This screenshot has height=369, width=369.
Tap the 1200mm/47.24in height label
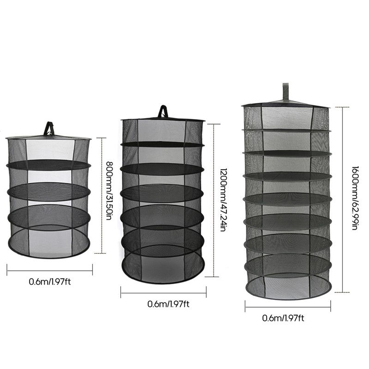(x=223, y=200)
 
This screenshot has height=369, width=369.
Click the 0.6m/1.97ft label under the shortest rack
(x=50, y=282)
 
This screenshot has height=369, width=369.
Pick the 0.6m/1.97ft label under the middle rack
(x=168, y=304)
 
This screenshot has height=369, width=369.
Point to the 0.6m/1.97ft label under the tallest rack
(x=283, y=318)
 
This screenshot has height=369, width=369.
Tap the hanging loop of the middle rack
(x=163, y=111)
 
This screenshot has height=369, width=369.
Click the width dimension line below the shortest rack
(x=50, y=271)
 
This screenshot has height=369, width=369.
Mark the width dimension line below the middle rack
(x=164, y=293)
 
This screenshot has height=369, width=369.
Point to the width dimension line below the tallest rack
(x=288, y=307)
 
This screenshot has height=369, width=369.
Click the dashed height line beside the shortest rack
(x=101, y=196)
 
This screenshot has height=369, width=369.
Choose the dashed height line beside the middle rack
(x=214, y=200)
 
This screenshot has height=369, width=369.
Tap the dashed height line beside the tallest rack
(x=342, y=200)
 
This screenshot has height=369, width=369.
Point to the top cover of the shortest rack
(x=49, y=137)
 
